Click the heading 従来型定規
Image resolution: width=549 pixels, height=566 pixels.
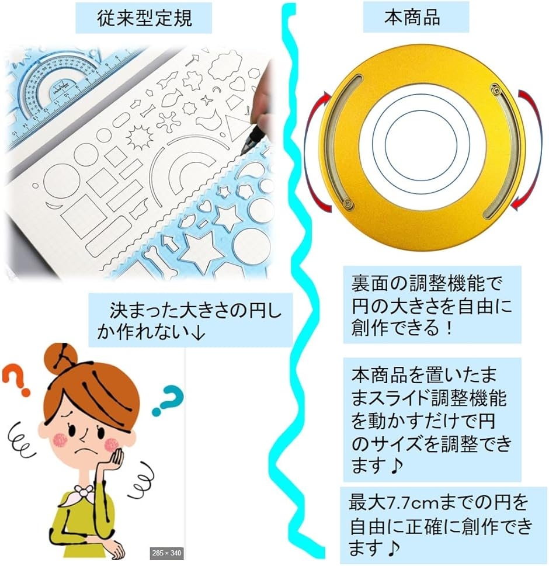(144, 18)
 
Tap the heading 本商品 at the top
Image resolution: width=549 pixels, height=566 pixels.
(412, 17)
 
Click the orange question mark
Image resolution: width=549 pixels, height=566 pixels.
(18, 380)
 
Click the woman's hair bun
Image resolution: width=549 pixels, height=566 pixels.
(61, 357)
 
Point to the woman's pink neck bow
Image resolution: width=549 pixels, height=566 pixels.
(84, 492)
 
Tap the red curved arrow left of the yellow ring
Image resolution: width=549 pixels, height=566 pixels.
(317, 152)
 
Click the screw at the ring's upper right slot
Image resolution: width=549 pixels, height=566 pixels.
(495, 88)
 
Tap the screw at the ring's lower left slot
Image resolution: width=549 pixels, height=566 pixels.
(348, 203)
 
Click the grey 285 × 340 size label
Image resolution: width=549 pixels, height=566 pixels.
(166, 553)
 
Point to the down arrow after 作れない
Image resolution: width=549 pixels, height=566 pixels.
(197, 332)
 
